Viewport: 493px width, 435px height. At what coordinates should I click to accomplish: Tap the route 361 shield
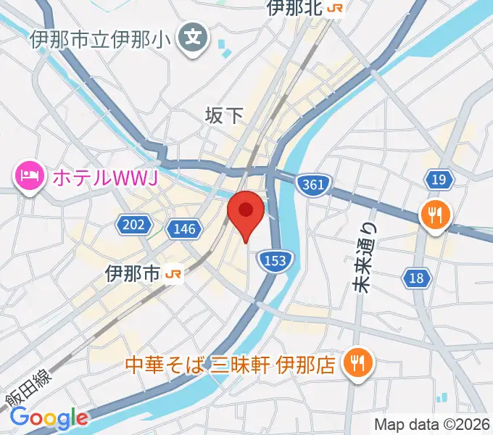click(312, 185)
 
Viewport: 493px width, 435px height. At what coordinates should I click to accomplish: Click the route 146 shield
click(184, 229)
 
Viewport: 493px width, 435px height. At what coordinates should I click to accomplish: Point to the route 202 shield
click(133, 225)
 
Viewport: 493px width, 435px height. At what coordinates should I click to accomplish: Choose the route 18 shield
click(415, 277)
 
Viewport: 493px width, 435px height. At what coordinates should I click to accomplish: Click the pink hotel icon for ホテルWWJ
click(28, 175)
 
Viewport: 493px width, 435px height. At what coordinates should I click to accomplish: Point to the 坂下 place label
click(225, 114)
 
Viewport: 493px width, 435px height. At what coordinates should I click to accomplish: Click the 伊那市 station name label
click(132, 274)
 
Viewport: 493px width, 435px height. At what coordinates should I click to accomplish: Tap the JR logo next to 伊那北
click(336, 8)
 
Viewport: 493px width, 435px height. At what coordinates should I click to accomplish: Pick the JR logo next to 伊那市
click(174, 274)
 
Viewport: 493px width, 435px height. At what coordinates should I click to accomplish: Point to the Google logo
click(49, 418)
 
